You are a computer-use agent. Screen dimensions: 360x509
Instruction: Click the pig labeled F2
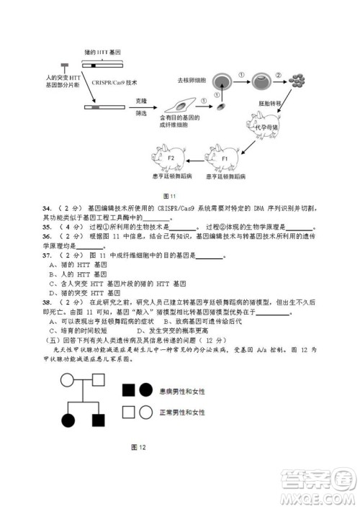170,156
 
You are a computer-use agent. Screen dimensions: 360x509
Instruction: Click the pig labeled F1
223,156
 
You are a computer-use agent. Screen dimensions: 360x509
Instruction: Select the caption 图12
139,447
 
